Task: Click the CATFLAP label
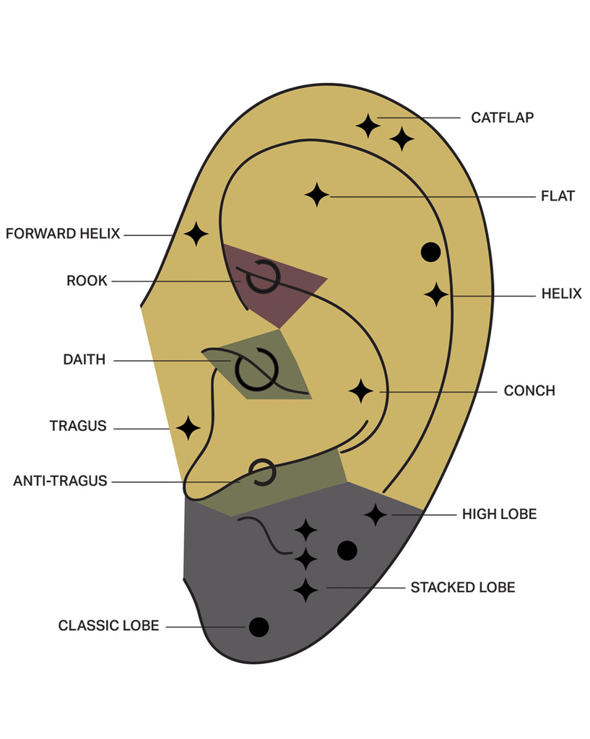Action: pyautogui.click(x=502, y=117)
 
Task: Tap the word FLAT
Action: pyautogui.click(x=558, y=196)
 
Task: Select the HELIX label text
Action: pyautogui.click(x=561, y=294)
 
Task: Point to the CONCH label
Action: pyautogui.click(x=529, y=391)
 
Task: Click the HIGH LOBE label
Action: pyautogui.click(x=499, y=515)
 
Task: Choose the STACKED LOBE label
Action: pyautogui.click(x=463, y=587)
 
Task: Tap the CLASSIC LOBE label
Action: pyautogui.click(x=108, y=626)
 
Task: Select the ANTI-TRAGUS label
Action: pyautogui.click(x=60, y=481)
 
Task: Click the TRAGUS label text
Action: pyautogui.click(x=78, y=427)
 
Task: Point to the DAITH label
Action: pyautogui.click(x=84, y=359)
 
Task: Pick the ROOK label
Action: pyautogui.click(x=87, y=281)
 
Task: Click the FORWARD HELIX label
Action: pyautogui.click(x=63, y=234)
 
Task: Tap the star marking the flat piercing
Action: pyautogui.click(x=316, y=195)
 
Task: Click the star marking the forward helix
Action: pyautogui.click(x=196, y=234)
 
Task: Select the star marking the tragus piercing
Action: pyautogui.click(x=188, y=428)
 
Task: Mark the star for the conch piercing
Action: pyautogui.click(x=360, y=391)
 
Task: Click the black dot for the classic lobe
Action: pyautogui.click(x=259, y=627)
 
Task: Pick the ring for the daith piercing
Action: pyautogui.click(x=256, y=369)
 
